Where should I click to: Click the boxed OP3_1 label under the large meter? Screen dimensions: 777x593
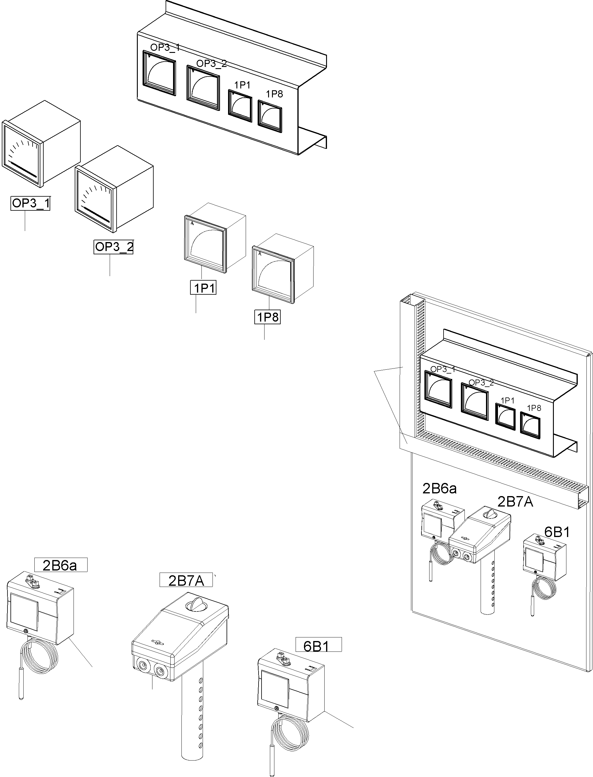30,203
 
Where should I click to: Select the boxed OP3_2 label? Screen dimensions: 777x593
114,247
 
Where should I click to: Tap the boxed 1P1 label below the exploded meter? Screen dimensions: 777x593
203,288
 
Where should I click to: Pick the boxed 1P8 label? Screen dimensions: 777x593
268,317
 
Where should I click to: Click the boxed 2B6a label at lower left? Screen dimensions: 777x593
60,565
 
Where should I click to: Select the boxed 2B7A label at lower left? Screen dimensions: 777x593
186,580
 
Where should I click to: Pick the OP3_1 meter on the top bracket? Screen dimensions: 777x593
159,73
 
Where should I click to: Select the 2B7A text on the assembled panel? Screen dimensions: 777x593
515,501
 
